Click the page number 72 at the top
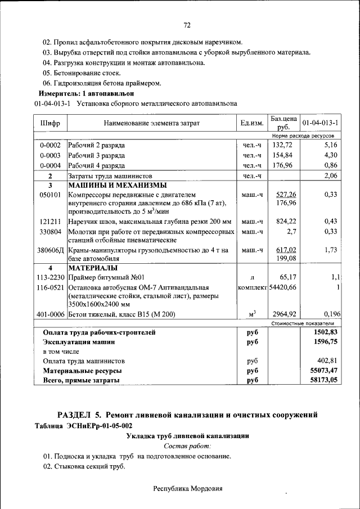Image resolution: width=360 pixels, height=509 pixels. click(x=187, y=25)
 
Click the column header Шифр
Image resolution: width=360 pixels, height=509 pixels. click(x=50, y=123)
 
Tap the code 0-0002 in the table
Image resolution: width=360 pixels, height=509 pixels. click(x=50, y=145)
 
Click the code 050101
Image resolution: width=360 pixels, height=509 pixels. click(x=50, y=195)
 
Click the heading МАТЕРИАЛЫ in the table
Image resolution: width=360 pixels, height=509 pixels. click(x=93, y=267)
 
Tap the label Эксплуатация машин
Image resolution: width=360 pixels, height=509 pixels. click(x=79, y=341)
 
